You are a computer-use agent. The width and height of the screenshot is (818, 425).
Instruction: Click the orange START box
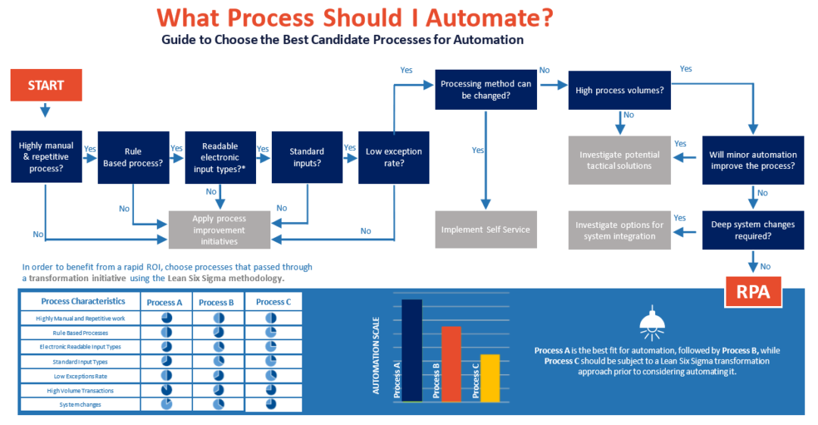click(x=45, y=85)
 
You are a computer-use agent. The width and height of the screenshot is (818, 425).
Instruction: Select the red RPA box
click(x=753, y=292)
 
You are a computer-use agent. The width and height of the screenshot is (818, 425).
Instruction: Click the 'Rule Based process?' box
click(x=133, y=157)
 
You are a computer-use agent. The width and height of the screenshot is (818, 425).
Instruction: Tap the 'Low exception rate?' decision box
click(x=394, y=157)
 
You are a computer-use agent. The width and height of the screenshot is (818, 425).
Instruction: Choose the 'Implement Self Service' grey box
click(x=485, y=230)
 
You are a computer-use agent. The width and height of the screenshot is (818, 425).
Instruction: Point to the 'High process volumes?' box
click(x=620, y=90)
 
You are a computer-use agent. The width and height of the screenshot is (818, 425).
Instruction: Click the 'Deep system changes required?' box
click(x=753, y=230)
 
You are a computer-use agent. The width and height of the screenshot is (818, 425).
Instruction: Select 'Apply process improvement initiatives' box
click(x=219, y=230)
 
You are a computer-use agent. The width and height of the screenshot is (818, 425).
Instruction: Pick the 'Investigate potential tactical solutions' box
click(x=620, y=160)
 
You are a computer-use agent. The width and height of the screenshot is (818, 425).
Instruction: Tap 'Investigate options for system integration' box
click(x=620, y=230)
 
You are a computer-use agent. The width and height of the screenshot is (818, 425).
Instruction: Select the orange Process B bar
click(x=451, y=364)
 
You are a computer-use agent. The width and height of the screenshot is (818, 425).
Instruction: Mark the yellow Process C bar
click(x=490, y=377)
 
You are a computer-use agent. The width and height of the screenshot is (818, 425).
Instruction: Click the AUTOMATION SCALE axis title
click(x=376, y=355)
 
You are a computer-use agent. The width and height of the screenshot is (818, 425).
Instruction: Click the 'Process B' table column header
click(x=217, y=302)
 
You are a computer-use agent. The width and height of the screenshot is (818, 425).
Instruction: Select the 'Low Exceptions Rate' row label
click(x=81, y=376)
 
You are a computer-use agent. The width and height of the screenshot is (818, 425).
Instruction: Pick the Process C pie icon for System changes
click(x=270, y=405)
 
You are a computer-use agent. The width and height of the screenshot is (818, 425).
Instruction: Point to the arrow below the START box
click(x=45, y=110)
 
